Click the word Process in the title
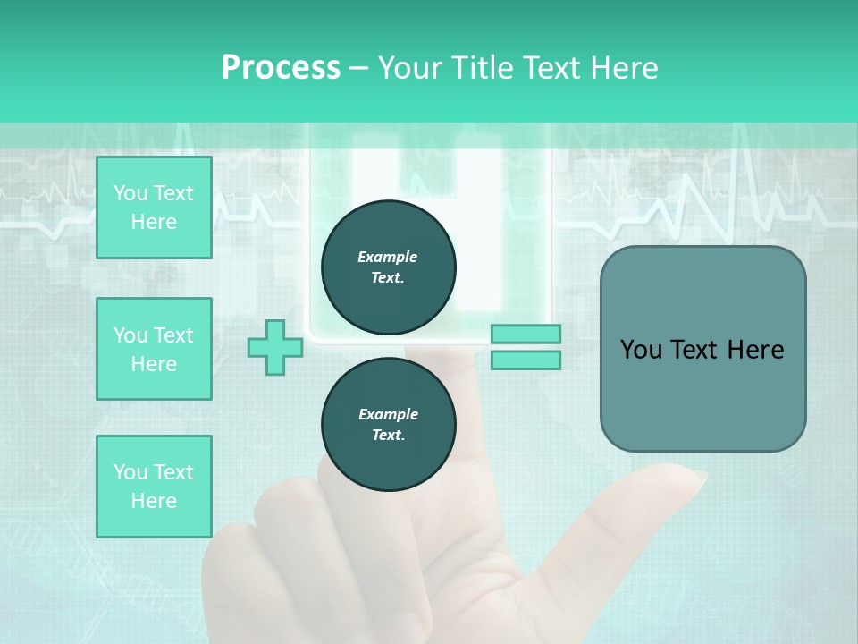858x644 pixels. click(x=281, y=68)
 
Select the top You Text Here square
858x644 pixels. click(x=154, y=208)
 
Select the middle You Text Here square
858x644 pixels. click(x=154, y=349)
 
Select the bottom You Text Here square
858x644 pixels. click(x=154, y=487)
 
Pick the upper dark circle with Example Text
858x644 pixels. click(x=389, y=267)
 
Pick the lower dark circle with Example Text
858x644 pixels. click(x=389, y=424)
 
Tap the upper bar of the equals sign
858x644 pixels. click(x=526, y=334)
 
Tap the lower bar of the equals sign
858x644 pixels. click(x=526, y=360)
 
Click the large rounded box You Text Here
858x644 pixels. click(x=702, y=349)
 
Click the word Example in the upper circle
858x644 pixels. click(x=388, y=257)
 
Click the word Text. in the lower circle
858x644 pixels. click(x=388, y=436)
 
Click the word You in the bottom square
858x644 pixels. click(x=130, y=472)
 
